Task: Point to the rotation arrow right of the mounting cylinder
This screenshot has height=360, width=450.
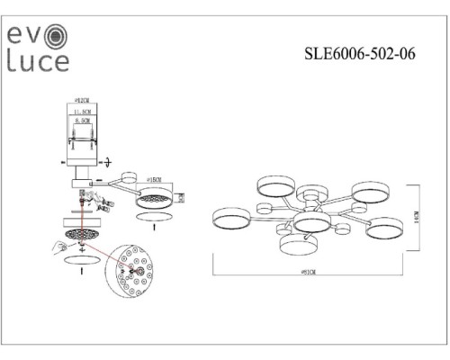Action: [x=110, y=161]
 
